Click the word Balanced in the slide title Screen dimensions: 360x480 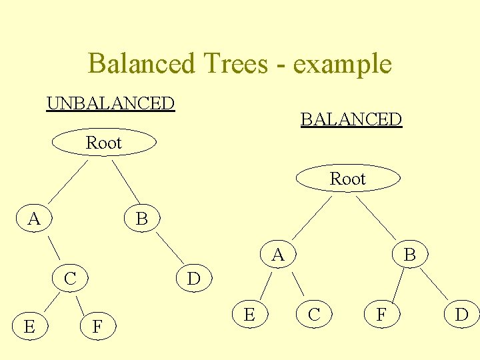[x=138, y=64]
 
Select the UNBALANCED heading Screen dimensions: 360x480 [x=111, y=104]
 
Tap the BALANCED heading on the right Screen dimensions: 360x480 [x=351, y=120]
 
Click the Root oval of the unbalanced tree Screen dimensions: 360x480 [x=104, y=143]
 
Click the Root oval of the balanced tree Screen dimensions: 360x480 [x=348, y=179]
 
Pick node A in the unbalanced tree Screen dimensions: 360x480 [x=34, y=218]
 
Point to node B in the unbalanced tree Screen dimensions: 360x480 [x=141, y=218]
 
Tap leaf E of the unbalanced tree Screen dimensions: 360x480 [x=29, y=326]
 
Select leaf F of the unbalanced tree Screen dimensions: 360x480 [x=97, y=326]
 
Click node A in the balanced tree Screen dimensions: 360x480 [x=278, y=254]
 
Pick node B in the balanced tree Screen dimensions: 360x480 [x=409, y=254]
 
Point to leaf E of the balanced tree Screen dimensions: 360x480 [x=249, y=314]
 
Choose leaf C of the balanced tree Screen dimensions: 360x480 [x=313, y=314]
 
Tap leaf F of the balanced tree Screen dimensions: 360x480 [x=381, y=314]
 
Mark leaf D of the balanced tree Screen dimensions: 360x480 [x=461, y=314]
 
